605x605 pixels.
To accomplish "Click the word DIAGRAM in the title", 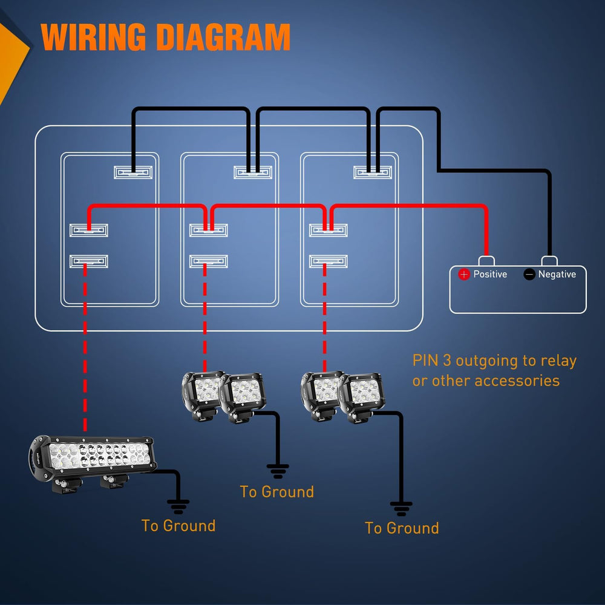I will click(x=223, y=38).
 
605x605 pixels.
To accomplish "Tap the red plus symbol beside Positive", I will click(x=464, y=275).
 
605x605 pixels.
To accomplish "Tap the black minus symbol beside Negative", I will click(x=529, y=275).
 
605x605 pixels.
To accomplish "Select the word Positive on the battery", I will click(x=490, y=275).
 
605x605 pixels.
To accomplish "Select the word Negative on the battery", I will click(x=557, y=275).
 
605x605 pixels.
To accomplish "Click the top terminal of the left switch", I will click(x=133, y=172).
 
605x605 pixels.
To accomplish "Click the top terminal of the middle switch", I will click(x=253, y=172).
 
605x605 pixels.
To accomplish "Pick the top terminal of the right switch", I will click(x=373, y=172).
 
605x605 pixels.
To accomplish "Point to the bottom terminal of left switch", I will click(x=89, y=261).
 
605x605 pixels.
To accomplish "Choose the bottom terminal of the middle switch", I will click(x=209, y=261).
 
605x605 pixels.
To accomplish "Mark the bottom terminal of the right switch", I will click(x=329, y=261).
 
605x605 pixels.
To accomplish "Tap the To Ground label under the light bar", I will click(x=178, y=525).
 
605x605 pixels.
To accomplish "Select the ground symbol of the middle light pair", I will click(x=278, y=469).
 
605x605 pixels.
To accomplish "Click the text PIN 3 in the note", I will click(x=432, y=361).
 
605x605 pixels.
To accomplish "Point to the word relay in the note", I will click(x=557, y=361).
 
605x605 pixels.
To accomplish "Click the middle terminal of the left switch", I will click(x=89, y=230).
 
